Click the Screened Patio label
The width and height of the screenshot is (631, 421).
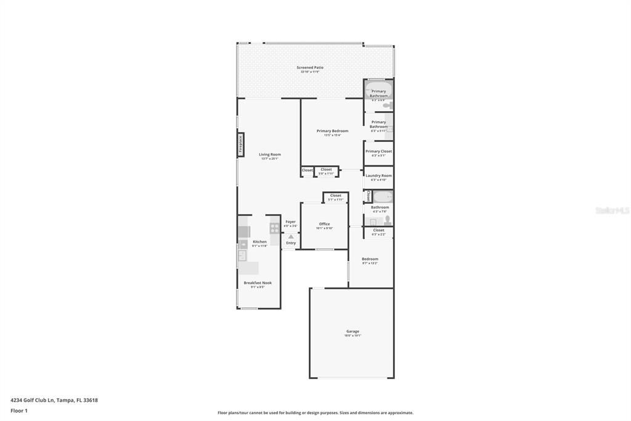pos(310,68)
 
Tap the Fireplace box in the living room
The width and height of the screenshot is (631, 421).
pos(241,144)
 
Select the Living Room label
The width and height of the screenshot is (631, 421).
pos(269,154)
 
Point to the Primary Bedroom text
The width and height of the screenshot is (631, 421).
pos(332,131)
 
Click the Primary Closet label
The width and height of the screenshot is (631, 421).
pos(378,151)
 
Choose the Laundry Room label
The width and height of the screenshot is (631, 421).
pos(378,176)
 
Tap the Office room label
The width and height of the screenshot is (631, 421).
pos(324,224)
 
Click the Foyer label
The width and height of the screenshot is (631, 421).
pos(290,222)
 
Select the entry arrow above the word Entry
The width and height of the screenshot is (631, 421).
pos(291,236)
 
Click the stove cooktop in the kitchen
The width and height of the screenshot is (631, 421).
pos(275,228)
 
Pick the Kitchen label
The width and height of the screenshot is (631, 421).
pos(259,242)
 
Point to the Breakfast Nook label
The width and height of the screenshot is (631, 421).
pos(258,283)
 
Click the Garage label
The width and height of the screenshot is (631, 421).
pos(352,331)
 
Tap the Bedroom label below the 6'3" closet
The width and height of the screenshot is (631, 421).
pos(370,259)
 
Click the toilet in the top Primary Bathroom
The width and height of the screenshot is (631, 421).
pos(387,105)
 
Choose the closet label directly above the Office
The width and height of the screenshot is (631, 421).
pos(335,196)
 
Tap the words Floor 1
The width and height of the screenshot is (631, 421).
pos(19,411)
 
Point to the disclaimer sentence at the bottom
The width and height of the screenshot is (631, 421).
pos(315,413)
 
